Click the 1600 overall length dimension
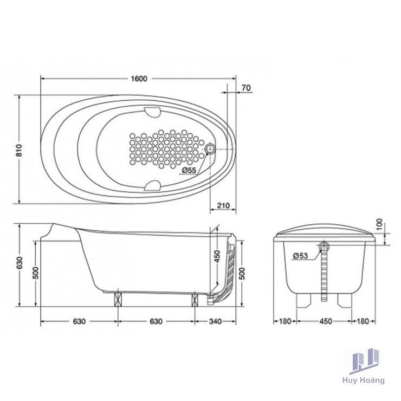click(x=139, y=79)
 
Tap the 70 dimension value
click(x=246, y=88)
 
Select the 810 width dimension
click(x=19, y=150)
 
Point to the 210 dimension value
click(x=223, y=205)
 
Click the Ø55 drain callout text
click(x=189, y=170)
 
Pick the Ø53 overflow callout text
click(x=301, y=255)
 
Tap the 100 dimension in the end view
click(x=379, y=224)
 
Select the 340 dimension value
click(x=215, y=321)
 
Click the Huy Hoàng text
click(x=364, y=380)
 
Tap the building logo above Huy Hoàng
click(x=365, y=361)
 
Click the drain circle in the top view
click(x=210, y=149)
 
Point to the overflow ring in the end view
click(x=324, y=247)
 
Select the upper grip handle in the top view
click(x=152, y=112)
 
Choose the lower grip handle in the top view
click(x=152, y=186)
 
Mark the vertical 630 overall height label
click(x=20, y=263)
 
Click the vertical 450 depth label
click(x=217, y=256)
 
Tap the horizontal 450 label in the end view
click(x=326, y=321)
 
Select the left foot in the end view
click(x=303, y=300)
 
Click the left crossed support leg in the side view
click(x=118, y=299)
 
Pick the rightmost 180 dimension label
click(x=363, y=321)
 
